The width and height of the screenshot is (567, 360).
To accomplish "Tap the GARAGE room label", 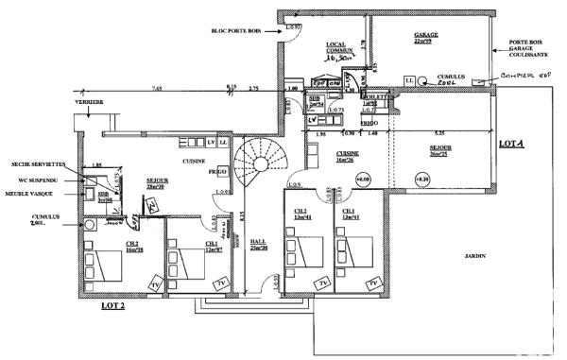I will pos(427,38).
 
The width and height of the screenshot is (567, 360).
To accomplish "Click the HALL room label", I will pos(257,244).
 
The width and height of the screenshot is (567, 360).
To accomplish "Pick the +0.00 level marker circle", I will pos(364,177).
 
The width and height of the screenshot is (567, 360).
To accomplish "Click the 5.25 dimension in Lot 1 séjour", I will pos(439,134).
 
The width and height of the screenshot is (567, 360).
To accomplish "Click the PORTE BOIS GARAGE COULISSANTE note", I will pos(525,49).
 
